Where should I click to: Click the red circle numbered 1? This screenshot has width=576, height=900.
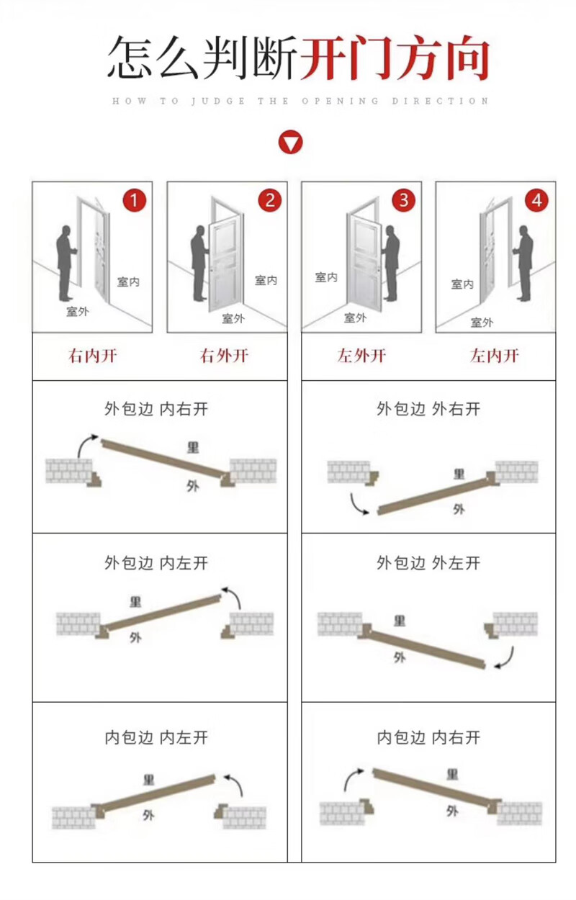(x=134, y=200)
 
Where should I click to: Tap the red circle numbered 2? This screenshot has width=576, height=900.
(x=269, y=200)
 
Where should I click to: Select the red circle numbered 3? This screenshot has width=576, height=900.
(x=404, y=200)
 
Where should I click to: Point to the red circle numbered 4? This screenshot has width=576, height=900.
(x=537, y=200)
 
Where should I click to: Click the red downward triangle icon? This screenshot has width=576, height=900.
(x=290, y=143)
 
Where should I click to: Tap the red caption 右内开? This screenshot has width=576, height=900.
(x=92, y=356)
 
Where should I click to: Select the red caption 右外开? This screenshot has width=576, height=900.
(x=224, y=356)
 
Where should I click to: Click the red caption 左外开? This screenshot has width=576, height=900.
(x=361, y=356)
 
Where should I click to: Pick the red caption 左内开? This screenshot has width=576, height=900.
(x=494, y=356)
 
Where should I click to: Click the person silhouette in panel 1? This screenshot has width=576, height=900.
(x=66, y=264)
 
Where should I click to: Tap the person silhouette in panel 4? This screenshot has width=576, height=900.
(x=522, y=264)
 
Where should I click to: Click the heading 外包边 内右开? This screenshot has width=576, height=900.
(x=156, y=409)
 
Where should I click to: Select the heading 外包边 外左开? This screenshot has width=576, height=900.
(x=428, y=563)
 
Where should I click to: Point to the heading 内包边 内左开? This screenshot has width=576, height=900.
(x=156, y=737)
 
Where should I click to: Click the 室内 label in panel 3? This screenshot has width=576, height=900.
(x=326, y=276)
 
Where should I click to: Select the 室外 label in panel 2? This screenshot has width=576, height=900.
(x=233, y=319)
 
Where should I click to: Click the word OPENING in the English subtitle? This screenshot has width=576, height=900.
(x=341, y=101)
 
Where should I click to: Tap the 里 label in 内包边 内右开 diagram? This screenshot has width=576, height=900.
(x=452, y=774)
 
